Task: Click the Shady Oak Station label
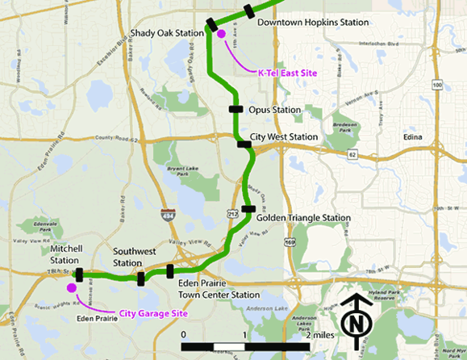tap(167, 33)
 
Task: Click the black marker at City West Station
tap(244, 144)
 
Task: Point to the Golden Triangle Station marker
tap(248, 209)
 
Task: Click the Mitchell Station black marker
tap(79, 275)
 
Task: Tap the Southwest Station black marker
tap(141, 279)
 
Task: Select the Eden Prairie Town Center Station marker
tap(169, 271)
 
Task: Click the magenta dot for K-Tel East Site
tap(221, 35)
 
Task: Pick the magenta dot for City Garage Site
tap(71, 287)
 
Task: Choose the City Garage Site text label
tap(148, 314)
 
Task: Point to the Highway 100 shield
tap(437, 85)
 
